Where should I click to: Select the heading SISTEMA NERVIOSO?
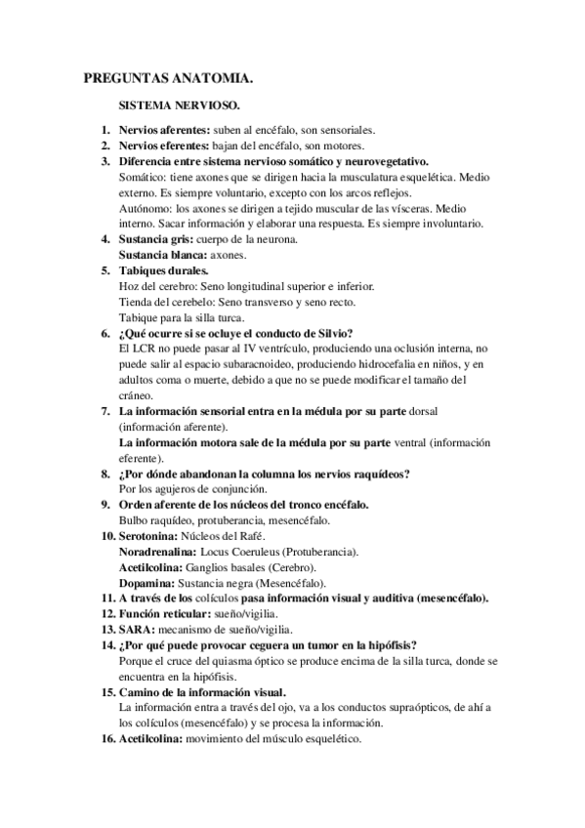coord(180,103)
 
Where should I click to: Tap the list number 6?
coord(105,332)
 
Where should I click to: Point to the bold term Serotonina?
coord(151,537)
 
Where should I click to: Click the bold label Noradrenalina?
coord(156,552)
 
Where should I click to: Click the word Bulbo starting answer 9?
coord(132,520)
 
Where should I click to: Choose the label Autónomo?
coord(146,208)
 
